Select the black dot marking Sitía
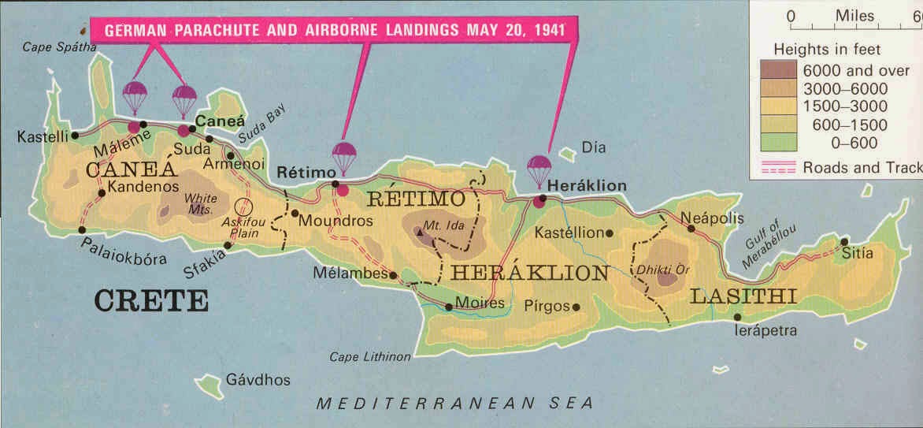843,242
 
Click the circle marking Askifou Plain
245,208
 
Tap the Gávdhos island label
258,380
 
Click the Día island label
591,147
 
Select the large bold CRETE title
151,301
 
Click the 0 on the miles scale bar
791,16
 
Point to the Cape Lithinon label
370,357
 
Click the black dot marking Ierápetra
736,317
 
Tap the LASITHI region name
743,296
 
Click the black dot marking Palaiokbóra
83,229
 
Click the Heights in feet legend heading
827,49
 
